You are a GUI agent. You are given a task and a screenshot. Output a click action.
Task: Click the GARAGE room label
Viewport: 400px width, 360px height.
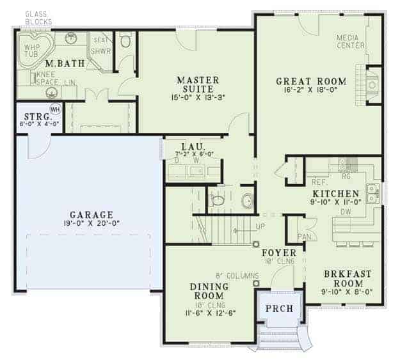tap(92, 215)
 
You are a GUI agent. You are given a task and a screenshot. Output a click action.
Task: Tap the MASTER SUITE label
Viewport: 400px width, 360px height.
tap(198, 84)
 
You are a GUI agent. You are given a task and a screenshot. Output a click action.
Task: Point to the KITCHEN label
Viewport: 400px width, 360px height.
tap(335, 193)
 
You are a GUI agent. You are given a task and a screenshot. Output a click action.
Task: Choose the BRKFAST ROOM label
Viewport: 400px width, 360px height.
tap(347, 279)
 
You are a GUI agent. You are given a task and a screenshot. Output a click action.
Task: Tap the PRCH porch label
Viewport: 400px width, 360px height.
tap(279, 308)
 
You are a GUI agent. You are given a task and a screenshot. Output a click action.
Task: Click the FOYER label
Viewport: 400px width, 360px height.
tap(278, 253)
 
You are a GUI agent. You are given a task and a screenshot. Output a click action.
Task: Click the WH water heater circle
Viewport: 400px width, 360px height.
tap(55, 109)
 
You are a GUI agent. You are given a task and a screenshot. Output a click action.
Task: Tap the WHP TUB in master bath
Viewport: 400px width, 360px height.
tap(32, 51)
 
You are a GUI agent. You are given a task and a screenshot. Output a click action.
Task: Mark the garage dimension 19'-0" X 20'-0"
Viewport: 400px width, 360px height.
tap(92, 224)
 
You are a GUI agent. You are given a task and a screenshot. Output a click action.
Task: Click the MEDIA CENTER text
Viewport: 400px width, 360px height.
tap(351, 42)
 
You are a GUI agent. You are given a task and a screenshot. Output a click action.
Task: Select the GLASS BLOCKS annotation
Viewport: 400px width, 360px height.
tap(38, 18)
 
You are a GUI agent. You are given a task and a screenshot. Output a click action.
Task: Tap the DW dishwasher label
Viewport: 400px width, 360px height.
tap(345, 211)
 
